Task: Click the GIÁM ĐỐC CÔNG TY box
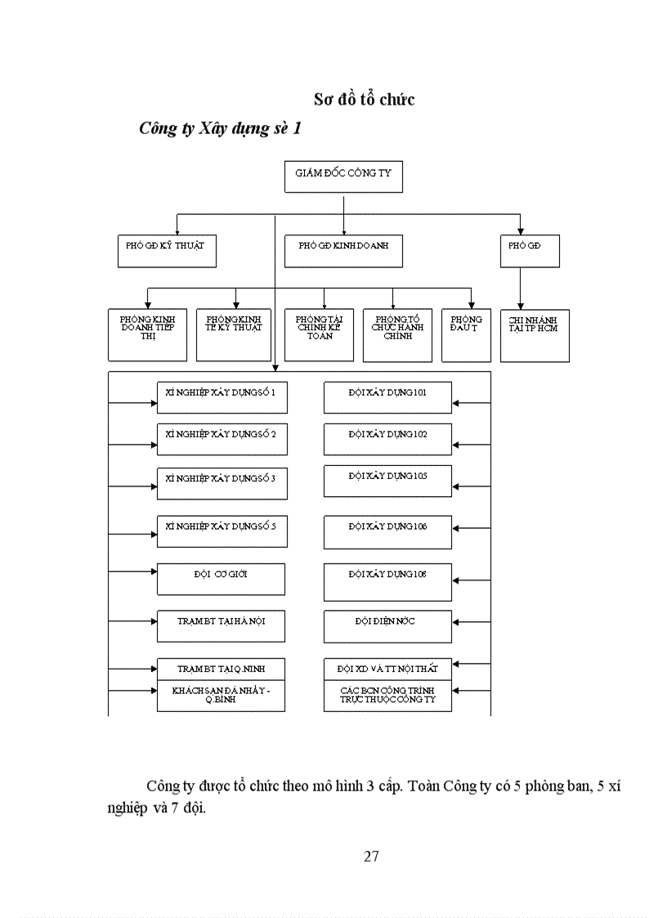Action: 343,177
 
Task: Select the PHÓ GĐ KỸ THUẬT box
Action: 167,251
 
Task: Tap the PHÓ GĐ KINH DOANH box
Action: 343,251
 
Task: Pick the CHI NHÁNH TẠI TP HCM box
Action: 535,335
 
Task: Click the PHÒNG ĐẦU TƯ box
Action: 466,335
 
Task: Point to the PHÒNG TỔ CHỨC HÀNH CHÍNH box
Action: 397,335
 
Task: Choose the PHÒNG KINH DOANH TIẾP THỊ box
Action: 148,335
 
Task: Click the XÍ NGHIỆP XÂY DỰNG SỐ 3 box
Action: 221,482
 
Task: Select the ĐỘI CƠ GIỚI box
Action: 221,579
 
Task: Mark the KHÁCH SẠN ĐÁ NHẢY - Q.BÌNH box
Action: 221,696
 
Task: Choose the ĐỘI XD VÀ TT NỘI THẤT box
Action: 387,668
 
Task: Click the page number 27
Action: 370,856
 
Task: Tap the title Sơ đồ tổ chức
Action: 365,99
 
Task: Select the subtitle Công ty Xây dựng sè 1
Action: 220,128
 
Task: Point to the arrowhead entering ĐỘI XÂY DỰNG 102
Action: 456,446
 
